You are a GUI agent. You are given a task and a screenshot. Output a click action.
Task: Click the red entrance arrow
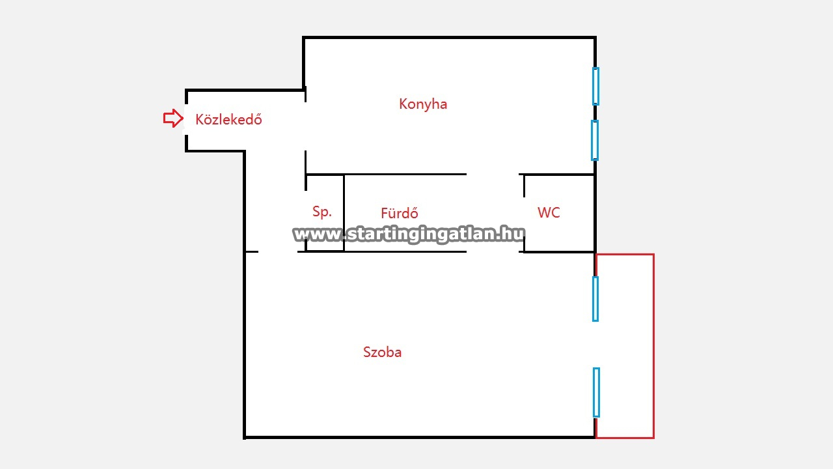pyautogui.click(x=172, y=119)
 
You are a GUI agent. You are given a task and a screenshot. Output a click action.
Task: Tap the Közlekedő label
pyautogui.click(x=228, y=120)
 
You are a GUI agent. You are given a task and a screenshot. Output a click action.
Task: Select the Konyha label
pyautogui.click(x=423, y=104)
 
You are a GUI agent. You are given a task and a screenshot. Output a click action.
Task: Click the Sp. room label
pyautogui.click(x=322, y=212)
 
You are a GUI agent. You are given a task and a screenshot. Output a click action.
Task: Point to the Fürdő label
pyautogui.click(x=400, y=213)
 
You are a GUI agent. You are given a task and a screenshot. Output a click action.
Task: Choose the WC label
pyautogui.click(x=549, y=212)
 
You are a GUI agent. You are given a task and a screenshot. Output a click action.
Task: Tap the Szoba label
pyautogui.click(x=382, y=352)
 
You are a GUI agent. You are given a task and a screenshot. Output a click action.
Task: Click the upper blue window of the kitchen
pyautogui.click(x=595, y=86)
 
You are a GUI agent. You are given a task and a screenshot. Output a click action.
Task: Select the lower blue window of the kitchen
pyautogui.click(x=595, y=140)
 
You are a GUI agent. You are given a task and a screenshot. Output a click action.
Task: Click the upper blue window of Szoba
pyautogui.click(x=595, y=298)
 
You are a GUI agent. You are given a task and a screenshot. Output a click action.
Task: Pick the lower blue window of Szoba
pyautogui.click(x=596, y=392)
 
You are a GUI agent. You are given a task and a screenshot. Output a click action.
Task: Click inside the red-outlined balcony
pyautogui.click(x=625, y=345)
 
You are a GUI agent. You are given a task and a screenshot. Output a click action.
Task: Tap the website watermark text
pyautogui.click(x=409, y=234)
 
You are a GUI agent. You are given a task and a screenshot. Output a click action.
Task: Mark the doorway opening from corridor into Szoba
pyautogui.click(x=278, y=251)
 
